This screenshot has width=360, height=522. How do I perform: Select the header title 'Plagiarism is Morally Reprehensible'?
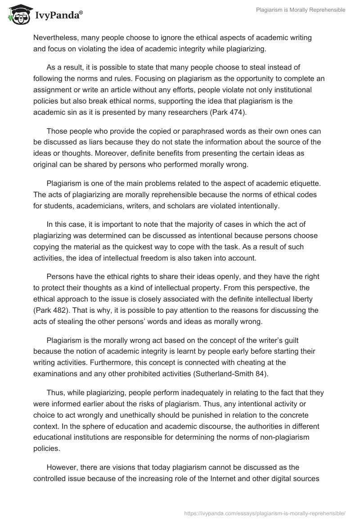(x=301, y=10)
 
